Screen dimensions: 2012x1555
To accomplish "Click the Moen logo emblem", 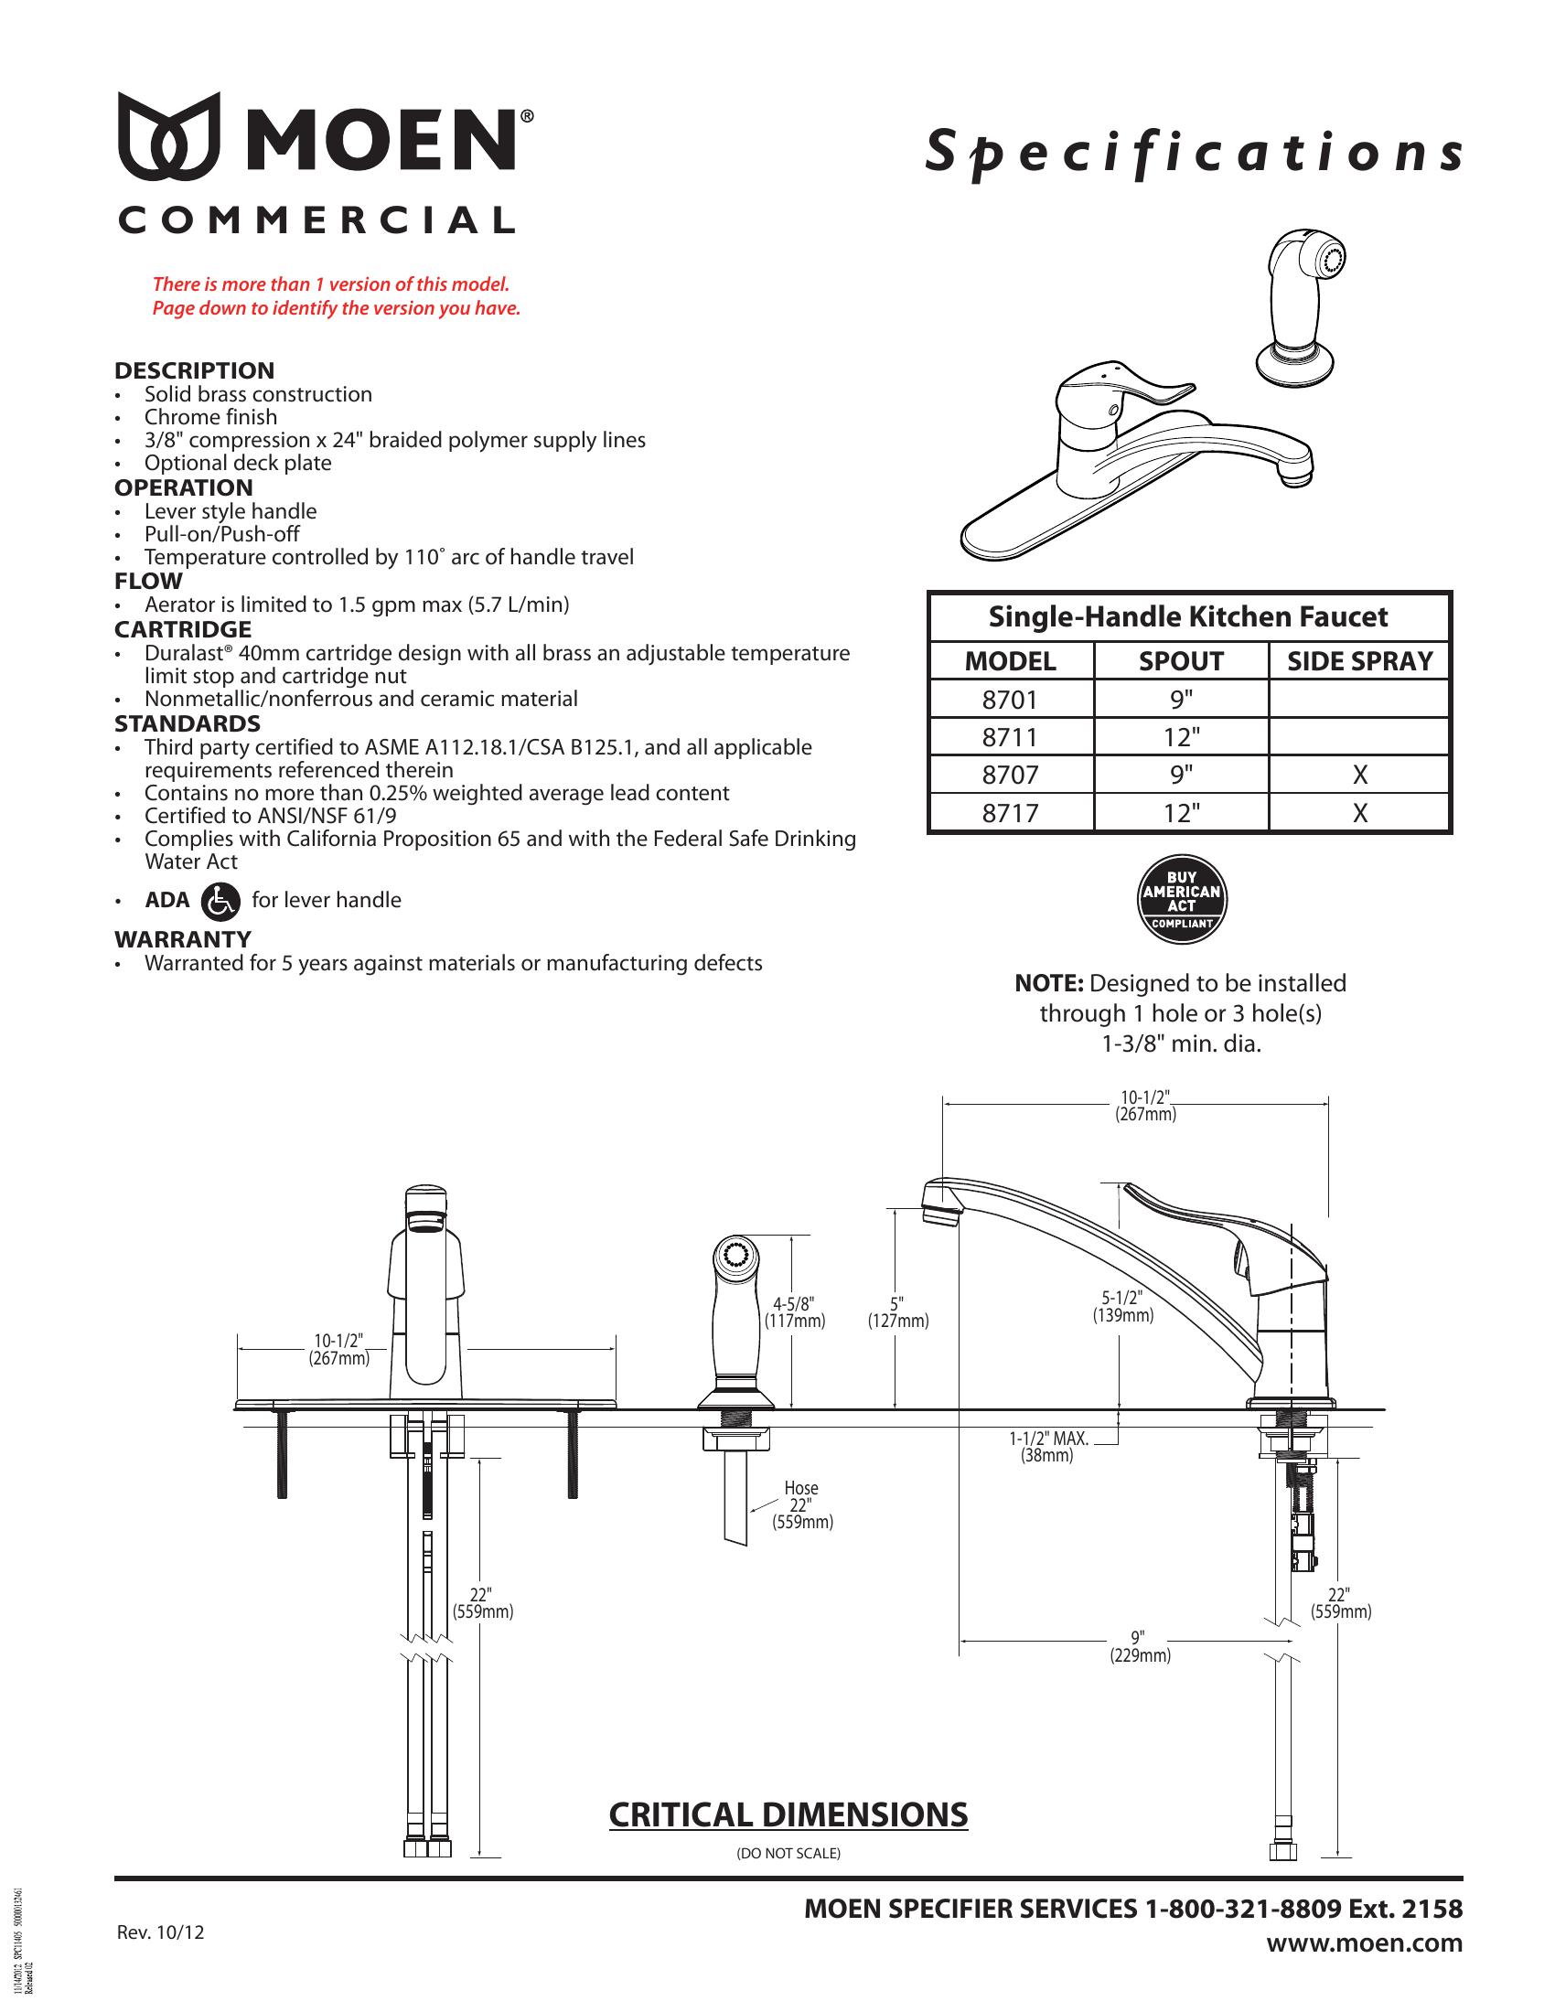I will tap(167, 135).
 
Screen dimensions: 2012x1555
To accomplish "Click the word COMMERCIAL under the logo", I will tap(316, 220).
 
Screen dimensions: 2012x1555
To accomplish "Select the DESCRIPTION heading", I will tap(194, 370).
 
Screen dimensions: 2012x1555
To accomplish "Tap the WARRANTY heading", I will tap(182, 938).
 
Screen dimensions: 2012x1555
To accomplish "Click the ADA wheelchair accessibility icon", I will tap(220, 900).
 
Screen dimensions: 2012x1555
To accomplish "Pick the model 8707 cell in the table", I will tap(1010, 775).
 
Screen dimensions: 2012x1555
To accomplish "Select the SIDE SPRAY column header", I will tap(1359, 660).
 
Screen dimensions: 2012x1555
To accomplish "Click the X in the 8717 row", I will tap(1359, 812).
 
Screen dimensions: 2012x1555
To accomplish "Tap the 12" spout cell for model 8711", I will tap(1181, 737).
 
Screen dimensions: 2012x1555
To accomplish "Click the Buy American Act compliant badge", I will tap(1182, 899).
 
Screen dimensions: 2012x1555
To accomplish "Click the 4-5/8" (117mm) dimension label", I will tap(795, 1311).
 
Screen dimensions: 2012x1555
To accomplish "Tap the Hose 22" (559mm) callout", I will tap(801, 1504).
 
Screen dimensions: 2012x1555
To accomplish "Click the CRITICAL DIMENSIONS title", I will tap(788, 1814).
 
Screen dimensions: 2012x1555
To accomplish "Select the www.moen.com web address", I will tap(1365, 1942).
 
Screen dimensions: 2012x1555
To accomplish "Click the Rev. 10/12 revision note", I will tap(160, 1932).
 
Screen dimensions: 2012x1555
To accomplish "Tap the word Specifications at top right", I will tap(1194, 153).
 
